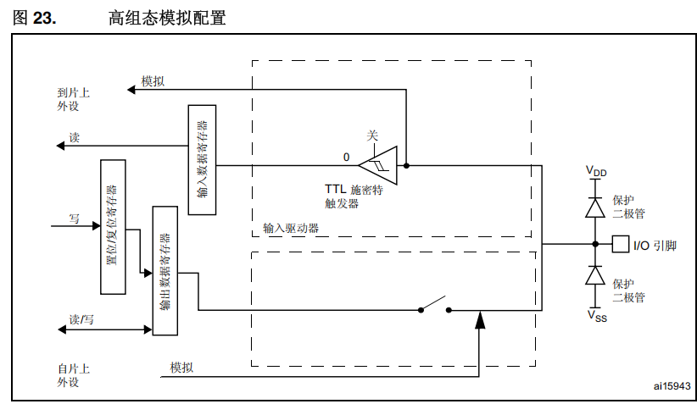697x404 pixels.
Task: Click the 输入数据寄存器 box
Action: click(202, 159)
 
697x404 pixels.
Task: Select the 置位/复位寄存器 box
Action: click(113, 226)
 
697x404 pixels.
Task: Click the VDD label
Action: click(596, 172)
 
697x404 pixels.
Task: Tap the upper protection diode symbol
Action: click(595, 206)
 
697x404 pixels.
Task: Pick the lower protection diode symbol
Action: click(595, 276)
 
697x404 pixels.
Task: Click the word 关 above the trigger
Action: click(372, 136)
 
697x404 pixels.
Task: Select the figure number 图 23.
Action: click(35, 18)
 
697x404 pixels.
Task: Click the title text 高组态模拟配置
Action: click(167, 18)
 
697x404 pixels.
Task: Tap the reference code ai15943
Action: click(672, 385)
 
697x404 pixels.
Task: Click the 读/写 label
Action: click(81, 318)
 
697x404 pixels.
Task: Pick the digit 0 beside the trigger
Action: click(346, 158)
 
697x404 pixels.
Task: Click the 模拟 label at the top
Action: click(153, 80)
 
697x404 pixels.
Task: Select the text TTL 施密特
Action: click(354, 190)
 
